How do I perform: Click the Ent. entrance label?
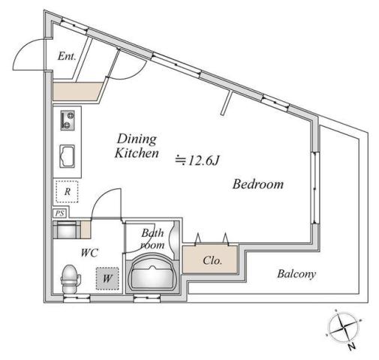[x=68, y=55]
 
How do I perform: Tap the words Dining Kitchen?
[x=136, y=146]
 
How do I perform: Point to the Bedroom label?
[x=257, y=184]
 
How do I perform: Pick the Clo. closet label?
[x=211, y=262]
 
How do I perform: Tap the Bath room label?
[x=152, y=239]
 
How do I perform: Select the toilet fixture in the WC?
[x=71, y=278]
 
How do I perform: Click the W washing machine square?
[x=108, y=279]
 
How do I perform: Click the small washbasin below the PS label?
[x=66, y=229]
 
